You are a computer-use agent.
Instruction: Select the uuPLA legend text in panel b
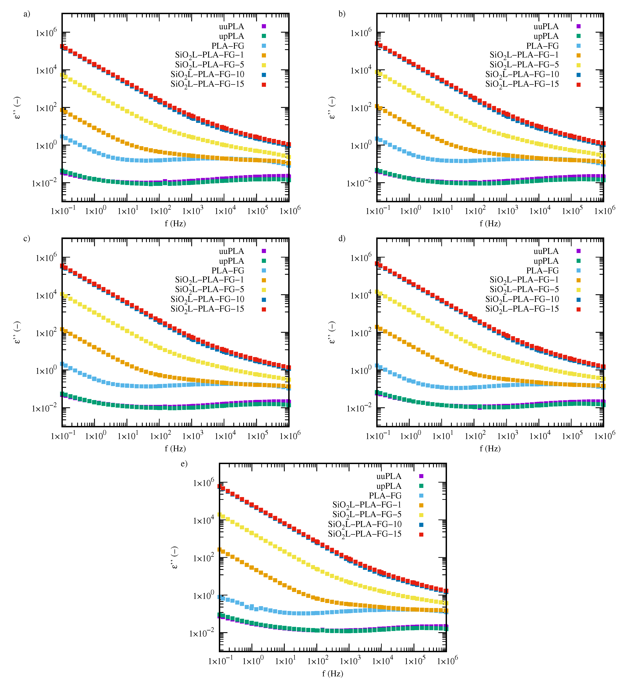(546, 27)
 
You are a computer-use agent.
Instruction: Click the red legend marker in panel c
(264, 309)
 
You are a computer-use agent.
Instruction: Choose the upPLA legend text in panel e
(389, 486)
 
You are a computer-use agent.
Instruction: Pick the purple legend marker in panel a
(264, 26)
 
